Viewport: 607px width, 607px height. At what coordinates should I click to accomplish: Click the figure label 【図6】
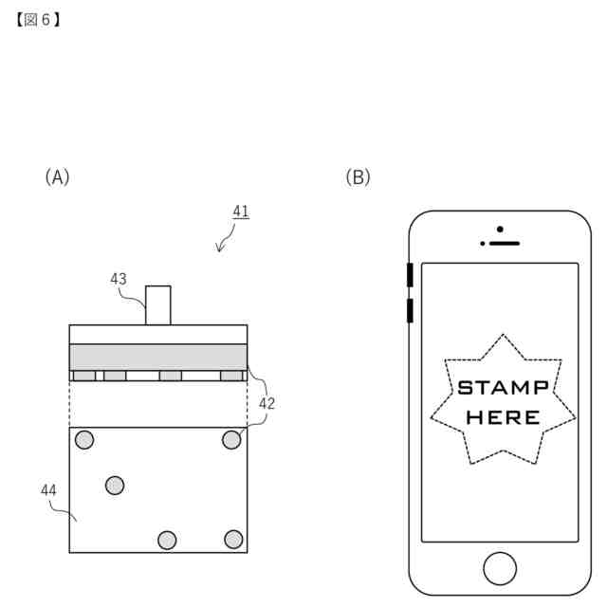(38, 18)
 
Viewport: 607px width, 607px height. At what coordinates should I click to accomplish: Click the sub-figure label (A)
(57, 176)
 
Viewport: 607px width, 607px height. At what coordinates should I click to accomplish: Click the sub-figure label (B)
(358, 176)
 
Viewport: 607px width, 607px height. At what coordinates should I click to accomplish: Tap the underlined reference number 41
(241, 212)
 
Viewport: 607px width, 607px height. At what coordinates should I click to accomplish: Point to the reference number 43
(119, 279)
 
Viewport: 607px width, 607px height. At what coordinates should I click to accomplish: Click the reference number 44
(49, 489)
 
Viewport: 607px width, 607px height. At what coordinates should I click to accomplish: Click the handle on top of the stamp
(158, 304)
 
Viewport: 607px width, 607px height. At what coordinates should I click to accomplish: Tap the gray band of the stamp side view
(158, 357)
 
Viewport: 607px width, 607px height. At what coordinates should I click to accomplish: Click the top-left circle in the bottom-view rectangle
(84, 439)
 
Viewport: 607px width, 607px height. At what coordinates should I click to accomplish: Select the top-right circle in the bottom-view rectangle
(231, 439)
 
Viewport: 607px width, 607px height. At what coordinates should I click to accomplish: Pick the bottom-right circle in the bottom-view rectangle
(233, 539)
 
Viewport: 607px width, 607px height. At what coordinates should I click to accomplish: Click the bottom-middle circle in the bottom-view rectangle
(167, 540)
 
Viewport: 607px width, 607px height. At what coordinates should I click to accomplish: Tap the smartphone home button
(500, 567)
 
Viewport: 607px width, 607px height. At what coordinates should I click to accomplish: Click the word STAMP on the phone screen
(503, 388)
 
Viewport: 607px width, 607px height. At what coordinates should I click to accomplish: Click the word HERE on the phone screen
(503, 416)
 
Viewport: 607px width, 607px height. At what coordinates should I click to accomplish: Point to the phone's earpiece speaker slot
(503, 243)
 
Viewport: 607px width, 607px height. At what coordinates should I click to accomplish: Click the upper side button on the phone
(410, 274)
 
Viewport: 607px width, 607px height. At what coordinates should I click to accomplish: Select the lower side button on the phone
(410, 310)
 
